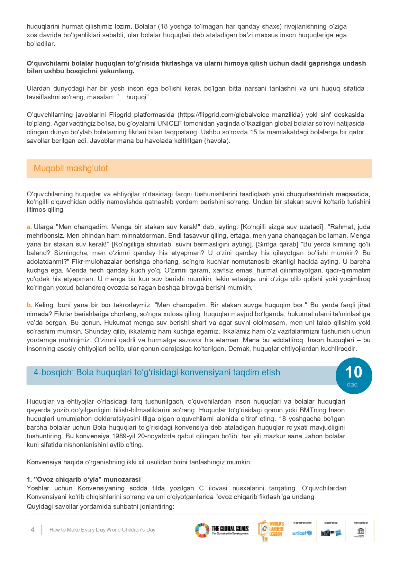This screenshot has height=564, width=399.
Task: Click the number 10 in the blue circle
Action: (353, 372)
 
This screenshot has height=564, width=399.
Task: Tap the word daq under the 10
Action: (352, 384)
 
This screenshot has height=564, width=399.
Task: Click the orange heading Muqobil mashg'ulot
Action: (71, 168)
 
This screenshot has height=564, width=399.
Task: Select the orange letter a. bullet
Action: (29, 227)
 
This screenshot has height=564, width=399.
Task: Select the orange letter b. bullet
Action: (30, 305)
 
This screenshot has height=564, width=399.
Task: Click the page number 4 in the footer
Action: (32, 529)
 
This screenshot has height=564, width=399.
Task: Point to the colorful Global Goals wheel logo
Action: (202, 530)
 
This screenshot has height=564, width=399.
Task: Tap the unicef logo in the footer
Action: (302, 533)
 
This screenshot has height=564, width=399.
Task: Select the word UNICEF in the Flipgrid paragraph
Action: (170, 123)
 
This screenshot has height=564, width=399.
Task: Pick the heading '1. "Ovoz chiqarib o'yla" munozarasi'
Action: (84, 479)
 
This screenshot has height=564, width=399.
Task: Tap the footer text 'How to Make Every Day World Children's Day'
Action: (102, 530)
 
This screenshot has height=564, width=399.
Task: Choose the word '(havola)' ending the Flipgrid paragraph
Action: (217, 141)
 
